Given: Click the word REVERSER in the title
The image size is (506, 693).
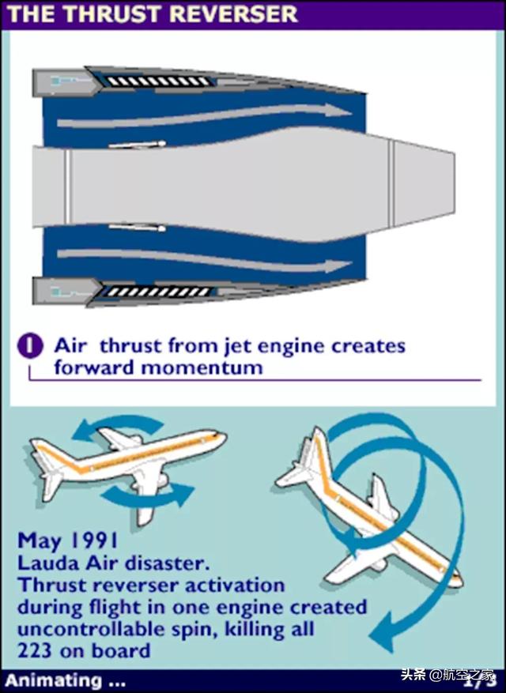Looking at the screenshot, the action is coord(234,13).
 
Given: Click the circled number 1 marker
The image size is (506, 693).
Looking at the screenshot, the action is coord(30,346).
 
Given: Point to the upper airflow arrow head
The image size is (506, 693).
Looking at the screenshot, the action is coord(338,111).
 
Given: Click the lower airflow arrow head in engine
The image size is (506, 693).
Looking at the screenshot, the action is coord(338,266).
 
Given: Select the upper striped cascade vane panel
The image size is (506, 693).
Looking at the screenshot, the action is coord(157,81).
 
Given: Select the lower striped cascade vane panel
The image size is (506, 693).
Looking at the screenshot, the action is coord(158,292).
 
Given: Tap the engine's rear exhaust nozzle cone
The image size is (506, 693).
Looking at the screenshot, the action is coord(424,182).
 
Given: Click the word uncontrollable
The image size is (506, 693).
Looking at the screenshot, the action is coord(93,628).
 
